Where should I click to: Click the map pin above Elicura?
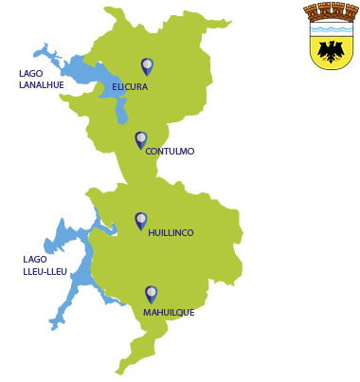coord(147,65)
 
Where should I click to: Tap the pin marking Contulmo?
coord(141,139)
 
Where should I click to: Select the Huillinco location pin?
coord(141,220)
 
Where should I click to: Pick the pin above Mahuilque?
coord(151,294)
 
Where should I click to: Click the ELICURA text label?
coord(130,87)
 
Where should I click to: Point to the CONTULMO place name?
coord(170,152)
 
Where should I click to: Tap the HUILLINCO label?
coord(171,232)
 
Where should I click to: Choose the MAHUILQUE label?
coord(169,312)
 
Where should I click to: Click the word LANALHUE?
coord(41,84)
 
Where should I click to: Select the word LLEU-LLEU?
coord(45,271)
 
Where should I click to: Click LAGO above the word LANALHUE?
coord(31,73)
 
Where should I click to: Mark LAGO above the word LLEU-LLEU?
coord(35,259)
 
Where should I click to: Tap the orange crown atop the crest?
coord(331,11)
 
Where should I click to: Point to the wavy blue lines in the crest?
coord(331,28)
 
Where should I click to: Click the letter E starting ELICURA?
coord(115,87)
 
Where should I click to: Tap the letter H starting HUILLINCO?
coord(152,232)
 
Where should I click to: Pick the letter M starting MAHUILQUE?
coord(147,312)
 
